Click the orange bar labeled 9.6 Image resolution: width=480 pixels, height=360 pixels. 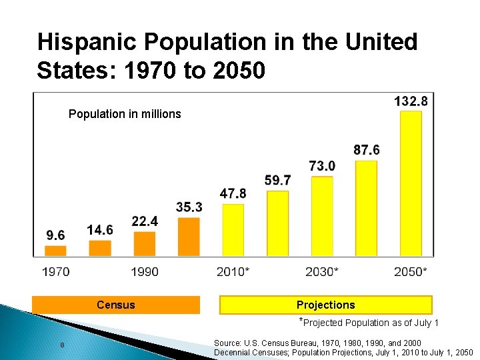coord(55,251)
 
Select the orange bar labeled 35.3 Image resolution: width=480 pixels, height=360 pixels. coord(189,236)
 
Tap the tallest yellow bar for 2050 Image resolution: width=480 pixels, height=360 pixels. coord(411,183)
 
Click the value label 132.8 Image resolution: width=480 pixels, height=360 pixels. coord(411,101)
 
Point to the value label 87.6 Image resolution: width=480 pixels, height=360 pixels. coord(367,151)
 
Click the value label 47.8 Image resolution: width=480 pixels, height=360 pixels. coord(233,193)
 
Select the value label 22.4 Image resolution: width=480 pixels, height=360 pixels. coord(145,221)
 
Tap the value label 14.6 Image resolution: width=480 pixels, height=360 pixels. coord(100,230)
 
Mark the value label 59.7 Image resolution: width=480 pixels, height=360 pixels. coord(277,180)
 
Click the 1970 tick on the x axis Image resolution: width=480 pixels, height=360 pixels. coord(55,271)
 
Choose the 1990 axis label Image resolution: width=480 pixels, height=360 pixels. coord(145,271)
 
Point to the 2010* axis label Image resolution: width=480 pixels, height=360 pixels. coord(233,271)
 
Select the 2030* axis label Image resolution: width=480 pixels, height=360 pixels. coord(322,271)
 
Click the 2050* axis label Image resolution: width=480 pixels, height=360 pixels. coord(411,271)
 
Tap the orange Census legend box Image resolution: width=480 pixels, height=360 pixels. coord(115,305)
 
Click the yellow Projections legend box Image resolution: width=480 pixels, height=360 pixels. coord(325,305)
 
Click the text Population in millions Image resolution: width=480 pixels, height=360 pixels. coord(125,114)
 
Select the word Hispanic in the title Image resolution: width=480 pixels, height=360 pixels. coord(87,42)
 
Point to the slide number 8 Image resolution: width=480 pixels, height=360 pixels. coord(62,345)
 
